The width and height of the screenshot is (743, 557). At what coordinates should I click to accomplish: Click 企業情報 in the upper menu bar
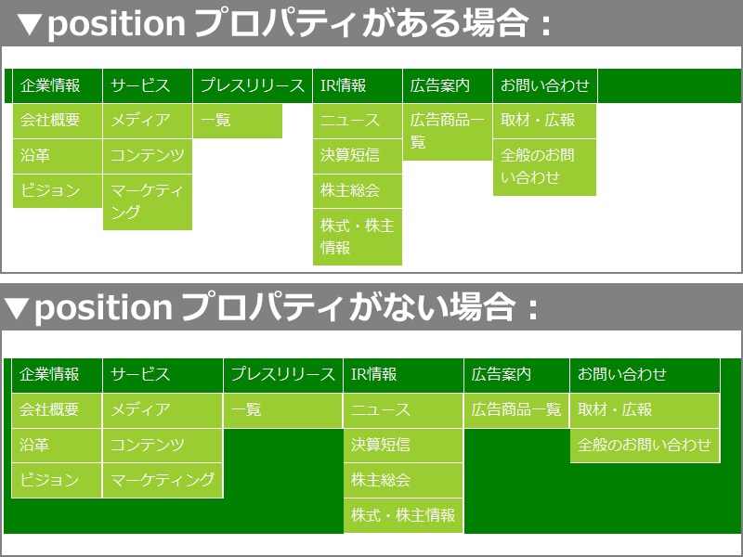click(50, 85)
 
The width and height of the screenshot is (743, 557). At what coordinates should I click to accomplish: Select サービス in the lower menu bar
click(140, 374)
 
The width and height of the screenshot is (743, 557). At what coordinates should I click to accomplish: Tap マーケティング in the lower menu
click(163, 480)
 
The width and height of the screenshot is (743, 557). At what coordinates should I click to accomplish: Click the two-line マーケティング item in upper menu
click(147, 201)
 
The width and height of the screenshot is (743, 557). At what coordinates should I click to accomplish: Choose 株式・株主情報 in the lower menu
click(403, 515)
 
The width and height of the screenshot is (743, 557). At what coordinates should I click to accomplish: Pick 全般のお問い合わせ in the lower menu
click(645, 445)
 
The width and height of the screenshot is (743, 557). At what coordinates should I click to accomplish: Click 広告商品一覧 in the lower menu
click(516, 409)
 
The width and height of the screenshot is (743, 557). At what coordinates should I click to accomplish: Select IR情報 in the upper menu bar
click(344, 85)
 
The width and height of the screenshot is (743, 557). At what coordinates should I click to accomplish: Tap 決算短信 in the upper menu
click(350, 155)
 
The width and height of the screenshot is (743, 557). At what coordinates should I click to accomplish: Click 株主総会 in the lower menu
click(381, 480)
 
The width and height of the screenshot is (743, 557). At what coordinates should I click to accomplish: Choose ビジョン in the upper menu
click(50, 190)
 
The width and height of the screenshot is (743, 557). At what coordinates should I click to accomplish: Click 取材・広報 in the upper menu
click(538, 120)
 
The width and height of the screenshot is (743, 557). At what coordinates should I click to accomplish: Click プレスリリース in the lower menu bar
click(282, 374)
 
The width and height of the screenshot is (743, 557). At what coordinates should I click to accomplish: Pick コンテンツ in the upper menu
click(148, 155)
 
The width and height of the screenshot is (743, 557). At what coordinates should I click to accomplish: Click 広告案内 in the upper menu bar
click(440, 85)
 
